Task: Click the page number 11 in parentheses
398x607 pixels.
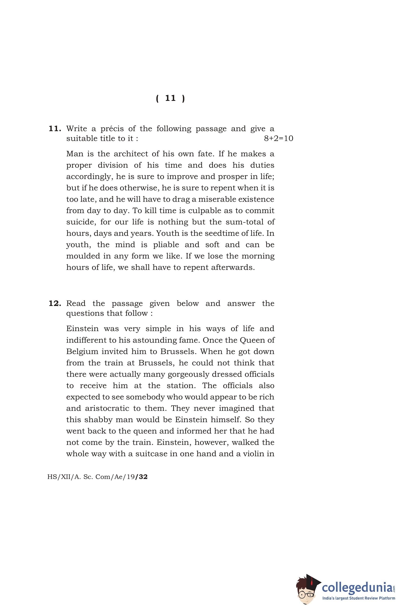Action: tap(170, 98)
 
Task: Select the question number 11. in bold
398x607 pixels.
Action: tap(55, 128)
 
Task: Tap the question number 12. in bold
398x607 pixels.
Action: tap(55, 303)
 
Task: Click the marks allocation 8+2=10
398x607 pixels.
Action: tap(278, 139)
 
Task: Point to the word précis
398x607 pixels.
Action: tap(112, 128)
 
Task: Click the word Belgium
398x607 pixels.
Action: tap(82, 352)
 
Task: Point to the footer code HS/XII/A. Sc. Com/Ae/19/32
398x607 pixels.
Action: tap(97, 477)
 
